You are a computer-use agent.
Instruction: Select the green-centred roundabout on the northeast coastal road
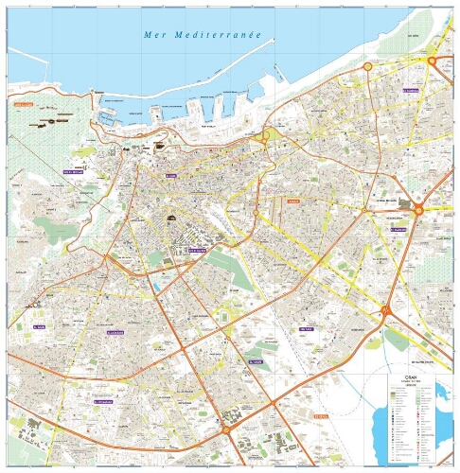368,67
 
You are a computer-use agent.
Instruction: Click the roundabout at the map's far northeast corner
433,61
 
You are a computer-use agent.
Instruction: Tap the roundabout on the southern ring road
226,429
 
